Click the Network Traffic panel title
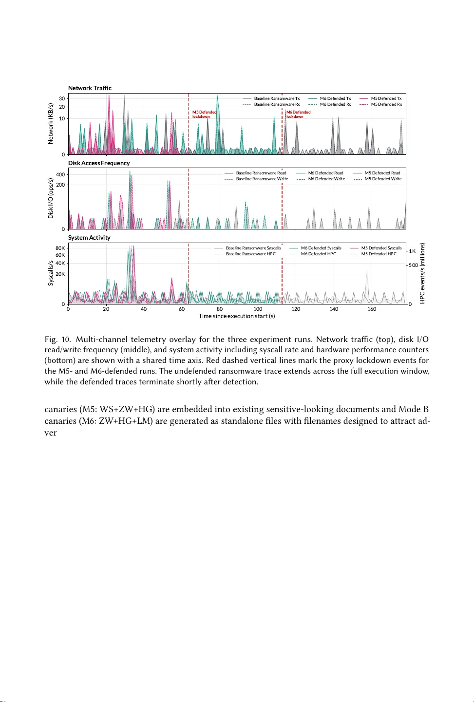click(90, 88)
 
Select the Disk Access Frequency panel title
click(99, 163)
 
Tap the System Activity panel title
click(89, 238)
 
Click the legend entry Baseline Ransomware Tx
click(277, 98)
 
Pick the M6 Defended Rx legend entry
click(335, 104)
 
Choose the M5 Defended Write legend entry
click(383, 179)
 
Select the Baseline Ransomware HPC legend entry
click(250, 254)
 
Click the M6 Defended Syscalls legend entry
click(321, 248)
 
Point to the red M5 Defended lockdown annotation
click(204, 114)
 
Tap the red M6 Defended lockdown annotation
click(298, 114)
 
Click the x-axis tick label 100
click(258, 309)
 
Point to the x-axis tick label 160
click(372, 309)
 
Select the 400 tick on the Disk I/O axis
click(60, 174)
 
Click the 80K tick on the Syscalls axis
click(60, 248)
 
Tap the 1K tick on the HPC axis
click(412, 251)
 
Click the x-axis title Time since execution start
click(237, 316)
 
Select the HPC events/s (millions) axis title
click(422, 273)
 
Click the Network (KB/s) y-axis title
click(51, 124)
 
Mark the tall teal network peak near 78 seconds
click(217, 96)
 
